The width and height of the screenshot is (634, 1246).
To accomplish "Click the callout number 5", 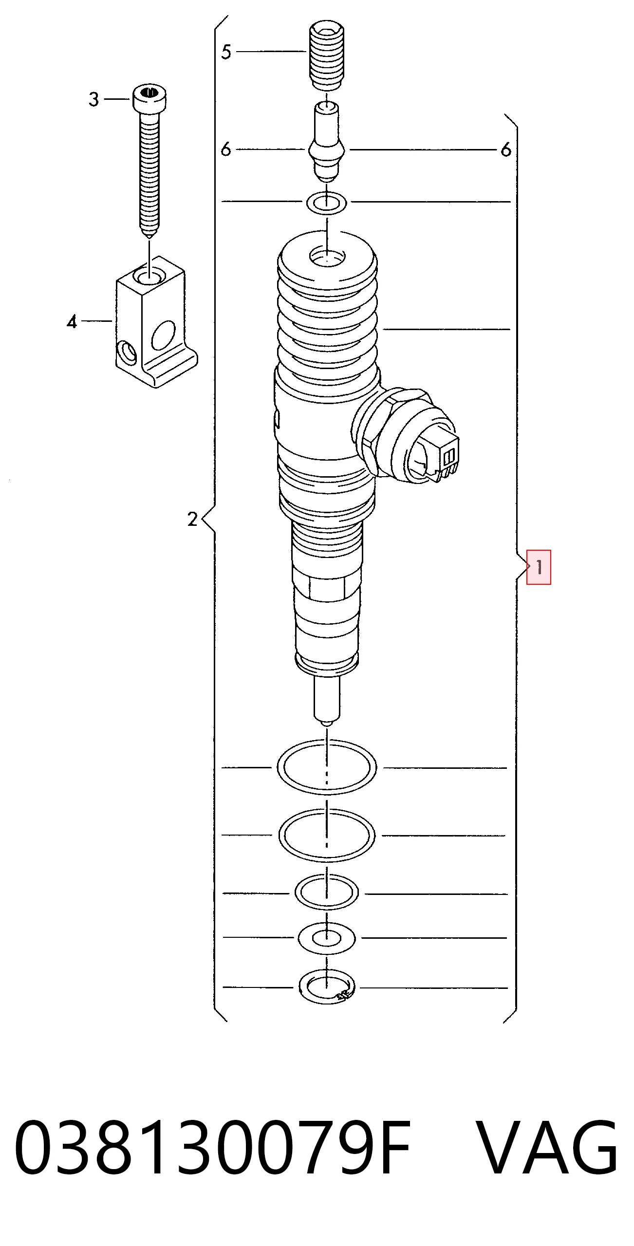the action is coord(226,52).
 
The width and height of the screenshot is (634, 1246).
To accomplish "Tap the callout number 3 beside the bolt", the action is coord(94,99).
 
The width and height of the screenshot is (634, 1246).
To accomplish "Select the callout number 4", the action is coord(72,321).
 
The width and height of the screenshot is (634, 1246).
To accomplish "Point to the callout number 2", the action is coord(193,519).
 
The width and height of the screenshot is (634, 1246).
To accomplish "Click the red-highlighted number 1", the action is coord(539,567).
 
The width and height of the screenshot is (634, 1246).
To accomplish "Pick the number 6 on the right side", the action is coord(506,149).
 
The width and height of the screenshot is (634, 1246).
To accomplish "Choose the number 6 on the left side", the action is coord(226,149).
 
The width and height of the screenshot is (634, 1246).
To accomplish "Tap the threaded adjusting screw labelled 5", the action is coord(327,55).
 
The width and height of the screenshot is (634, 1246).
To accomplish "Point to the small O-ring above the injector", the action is coord(327,203).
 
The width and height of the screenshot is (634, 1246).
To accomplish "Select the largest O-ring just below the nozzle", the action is coord(327,767).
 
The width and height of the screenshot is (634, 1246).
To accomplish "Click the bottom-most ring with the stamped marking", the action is coord(327,987).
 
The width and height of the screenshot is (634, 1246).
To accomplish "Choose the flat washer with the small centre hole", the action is coord(327,938).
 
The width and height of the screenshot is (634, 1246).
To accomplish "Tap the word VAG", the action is coord(547,1147).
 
